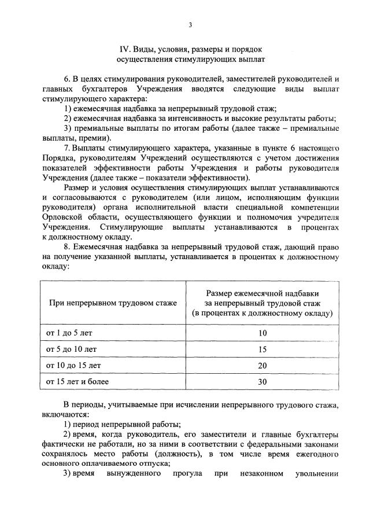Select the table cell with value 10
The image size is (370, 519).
click(x=262, y=333)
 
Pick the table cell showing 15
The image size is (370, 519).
click(x=262, y=349)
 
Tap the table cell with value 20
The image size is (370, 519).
click(x=262, y=366)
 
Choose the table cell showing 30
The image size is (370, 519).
click(x=262, y=382)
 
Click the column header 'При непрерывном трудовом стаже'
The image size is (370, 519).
click(x=113, y=303)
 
